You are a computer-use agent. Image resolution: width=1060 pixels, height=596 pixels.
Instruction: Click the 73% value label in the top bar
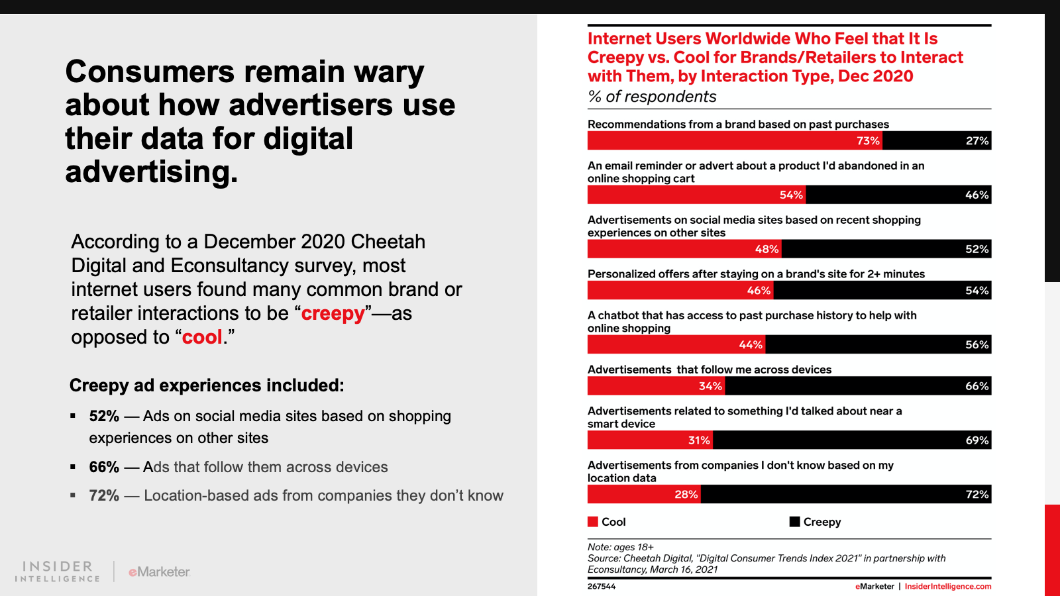coord(868,141)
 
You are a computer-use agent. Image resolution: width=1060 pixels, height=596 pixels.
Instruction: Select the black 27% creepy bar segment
coord(937,141)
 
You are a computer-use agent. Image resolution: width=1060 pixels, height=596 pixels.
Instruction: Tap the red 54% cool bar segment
coord(696,195)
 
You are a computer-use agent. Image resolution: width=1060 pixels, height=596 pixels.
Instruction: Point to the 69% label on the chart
coord(977,440)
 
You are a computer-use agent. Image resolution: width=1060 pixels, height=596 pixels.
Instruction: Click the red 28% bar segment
coord(643,495)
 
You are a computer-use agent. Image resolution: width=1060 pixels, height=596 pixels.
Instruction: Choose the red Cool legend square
coord(593,522)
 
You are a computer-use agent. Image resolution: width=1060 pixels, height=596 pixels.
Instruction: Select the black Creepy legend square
coord(795,522)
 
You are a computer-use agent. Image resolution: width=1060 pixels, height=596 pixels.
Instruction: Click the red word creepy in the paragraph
coord(333,313)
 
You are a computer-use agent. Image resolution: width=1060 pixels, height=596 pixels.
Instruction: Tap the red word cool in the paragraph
coord(202,337)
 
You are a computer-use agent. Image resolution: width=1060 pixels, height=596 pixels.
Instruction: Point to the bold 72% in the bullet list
coord(104,496)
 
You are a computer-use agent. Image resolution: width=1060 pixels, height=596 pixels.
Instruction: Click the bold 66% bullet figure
coord(104,467)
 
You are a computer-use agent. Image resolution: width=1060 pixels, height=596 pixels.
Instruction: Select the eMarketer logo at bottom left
coord(159,571)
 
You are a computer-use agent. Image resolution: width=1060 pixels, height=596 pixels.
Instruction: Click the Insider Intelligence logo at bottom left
coord(58,571)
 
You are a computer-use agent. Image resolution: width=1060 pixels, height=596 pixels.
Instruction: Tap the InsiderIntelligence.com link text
coord(948,587)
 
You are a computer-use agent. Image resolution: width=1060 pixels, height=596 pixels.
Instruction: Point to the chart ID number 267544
coord(602,587)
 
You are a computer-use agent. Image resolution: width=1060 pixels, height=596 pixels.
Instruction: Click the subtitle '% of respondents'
coord(652,97)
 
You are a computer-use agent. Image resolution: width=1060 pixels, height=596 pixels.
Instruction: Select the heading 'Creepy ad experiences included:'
coord(207,385)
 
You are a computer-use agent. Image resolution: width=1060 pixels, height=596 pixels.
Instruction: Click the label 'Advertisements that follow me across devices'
coord(710,370)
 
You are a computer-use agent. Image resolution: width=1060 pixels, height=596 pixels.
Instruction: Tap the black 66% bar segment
coord(858,386)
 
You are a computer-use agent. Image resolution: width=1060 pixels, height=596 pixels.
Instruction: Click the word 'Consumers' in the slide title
coord(150,72)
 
